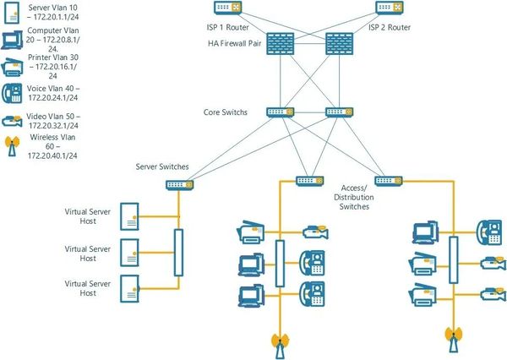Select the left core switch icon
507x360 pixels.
pos(280,112)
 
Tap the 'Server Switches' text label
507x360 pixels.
pos(163,167)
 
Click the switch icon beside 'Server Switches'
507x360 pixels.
pos(178,183)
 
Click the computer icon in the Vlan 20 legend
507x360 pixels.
pos(12,39)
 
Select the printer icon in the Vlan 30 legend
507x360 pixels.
pos(12,66)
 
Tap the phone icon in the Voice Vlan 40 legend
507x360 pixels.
pos(12,93)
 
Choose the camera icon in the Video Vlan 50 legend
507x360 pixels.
pos(12,121)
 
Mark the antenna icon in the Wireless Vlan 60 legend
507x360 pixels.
pos(12,145)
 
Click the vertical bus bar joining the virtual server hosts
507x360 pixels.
pos(178,252)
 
